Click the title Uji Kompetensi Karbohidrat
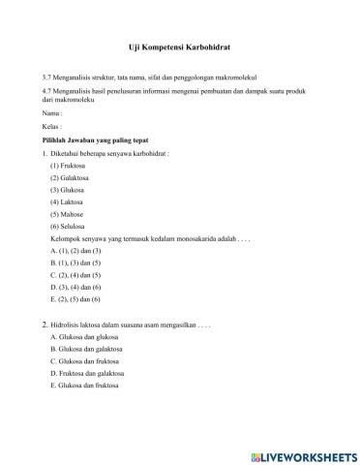pyautogui.click(x=179, y=46)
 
